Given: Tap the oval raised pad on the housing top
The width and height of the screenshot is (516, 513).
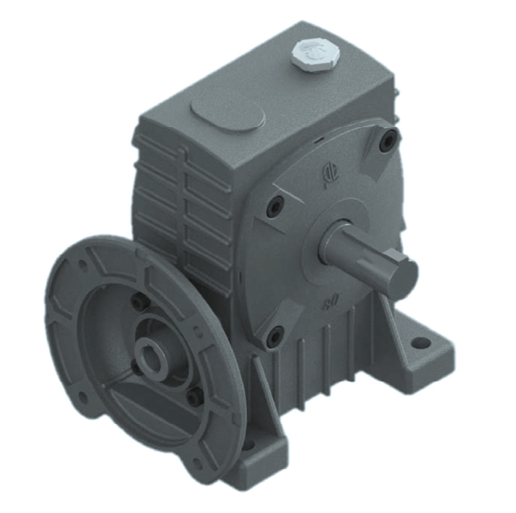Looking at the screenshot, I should click(x=227, y=113).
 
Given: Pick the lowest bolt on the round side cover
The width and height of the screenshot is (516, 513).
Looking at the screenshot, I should click(x=274, y=337).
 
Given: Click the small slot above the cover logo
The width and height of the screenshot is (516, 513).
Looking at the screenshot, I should click(x=319, y=138).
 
